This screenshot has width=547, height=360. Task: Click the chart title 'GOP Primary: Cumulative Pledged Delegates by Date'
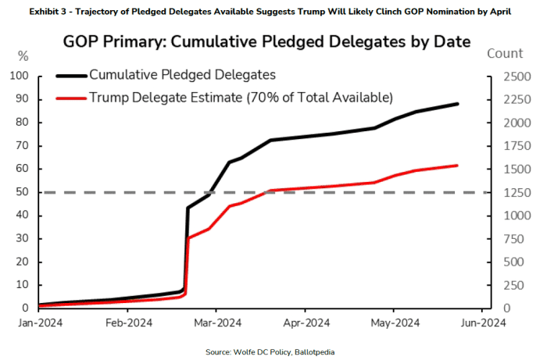coord(273,41)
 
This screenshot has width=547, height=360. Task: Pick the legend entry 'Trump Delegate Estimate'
coord(241,96)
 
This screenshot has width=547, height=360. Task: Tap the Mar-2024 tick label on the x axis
coord(217,321)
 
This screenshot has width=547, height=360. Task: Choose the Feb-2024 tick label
coord(128,321)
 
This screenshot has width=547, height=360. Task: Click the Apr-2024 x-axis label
coord(306,321)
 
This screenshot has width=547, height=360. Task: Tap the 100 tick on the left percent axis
coord(19,77)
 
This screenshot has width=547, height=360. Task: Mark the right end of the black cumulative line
coord(458,104)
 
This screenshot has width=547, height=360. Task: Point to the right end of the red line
coord(458,166)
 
